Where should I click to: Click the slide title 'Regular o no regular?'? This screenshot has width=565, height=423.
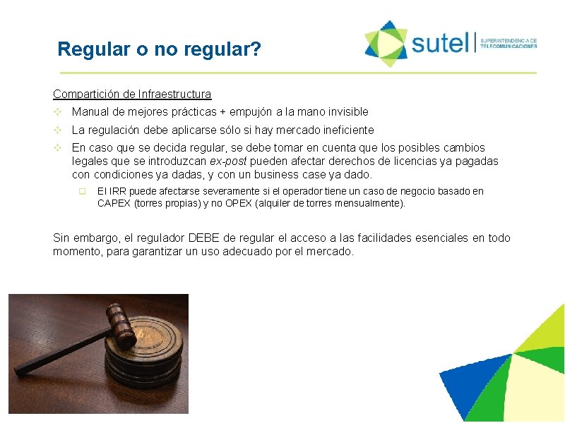(x=160, y=50)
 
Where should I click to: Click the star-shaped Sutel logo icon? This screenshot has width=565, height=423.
(x=386, y=43)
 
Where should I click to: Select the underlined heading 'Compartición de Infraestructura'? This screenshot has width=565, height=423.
(x=132, y=94)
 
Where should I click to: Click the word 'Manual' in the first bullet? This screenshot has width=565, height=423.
(x=89, y=111)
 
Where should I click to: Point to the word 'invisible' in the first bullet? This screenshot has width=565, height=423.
(x=346, y=111)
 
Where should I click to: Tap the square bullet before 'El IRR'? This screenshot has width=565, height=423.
(x=82, y=192)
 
